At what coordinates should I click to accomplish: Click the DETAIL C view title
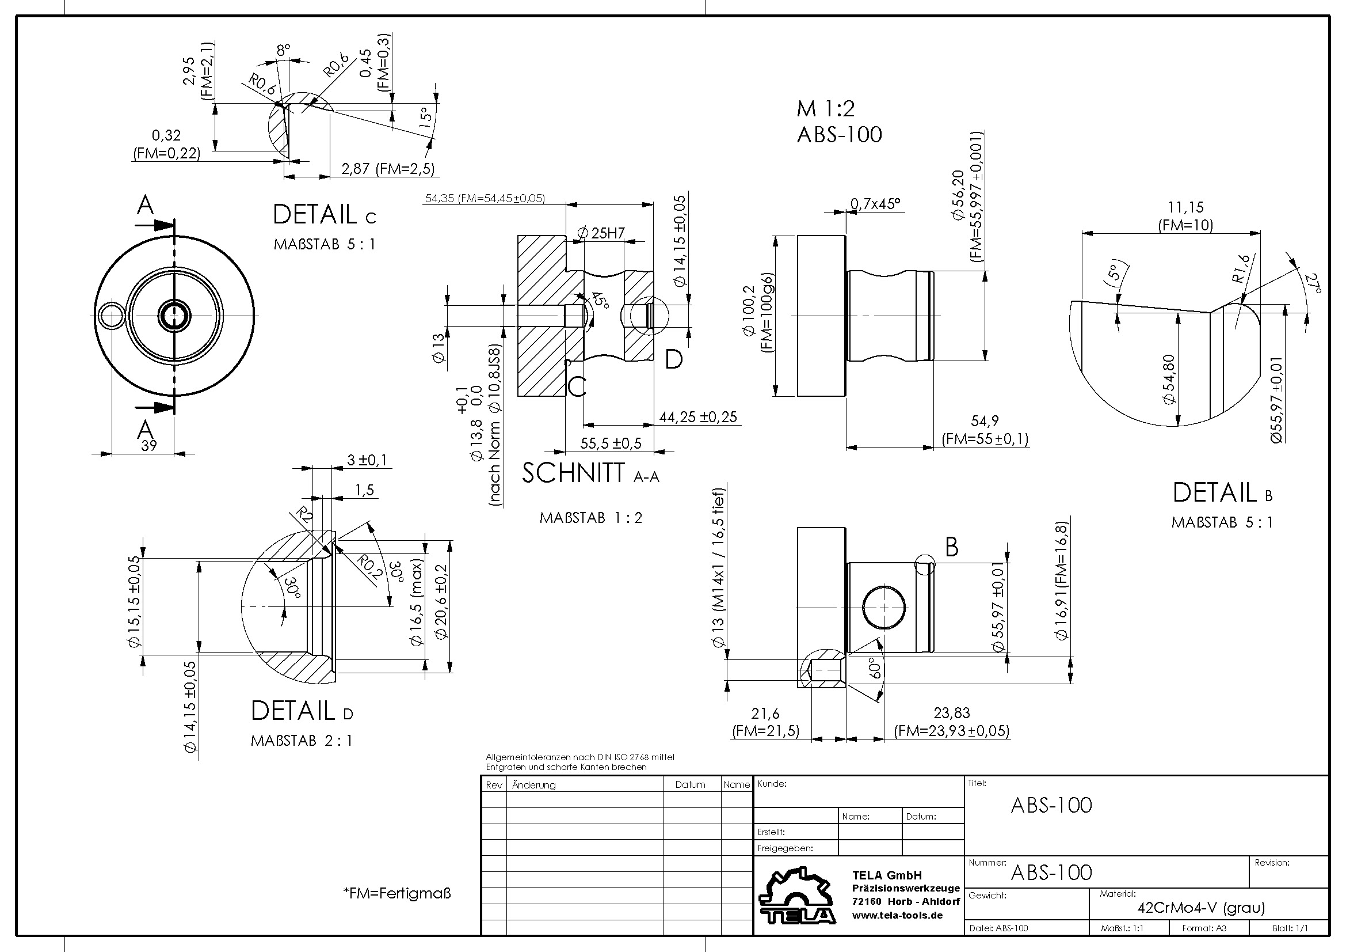click(x=324, y=215)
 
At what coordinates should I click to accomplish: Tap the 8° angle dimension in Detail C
click(x=284, y=50)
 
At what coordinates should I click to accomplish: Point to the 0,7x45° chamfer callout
click(x=875, y=203)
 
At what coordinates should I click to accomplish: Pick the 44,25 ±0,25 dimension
click(x=698, y=417)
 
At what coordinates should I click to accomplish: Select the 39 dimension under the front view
click(x=149, y=445)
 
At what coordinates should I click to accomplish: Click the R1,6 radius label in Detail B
click(x=1241, y=269)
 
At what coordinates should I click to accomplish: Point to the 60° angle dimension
click(x=873, y=668)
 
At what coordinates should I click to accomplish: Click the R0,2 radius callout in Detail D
click(x=370, y=568)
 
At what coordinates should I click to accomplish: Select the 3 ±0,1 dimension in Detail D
click(x=367, y=460)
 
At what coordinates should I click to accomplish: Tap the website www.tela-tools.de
click(x=897, y=916)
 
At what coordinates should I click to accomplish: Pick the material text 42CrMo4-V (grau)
click(x=1200, y=908)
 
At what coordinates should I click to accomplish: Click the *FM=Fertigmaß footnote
click(x=397, y=893)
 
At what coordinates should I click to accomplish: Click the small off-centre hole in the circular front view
click(x=110, y=316)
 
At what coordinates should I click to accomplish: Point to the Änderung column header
click(x=533, y=785)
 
